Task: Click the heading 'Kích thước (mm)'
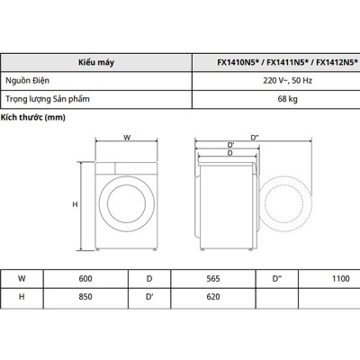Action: click(33, 118)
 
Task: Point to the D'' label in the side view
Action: click(256, 137)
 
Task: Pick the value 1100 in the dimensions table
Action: click(340, 280)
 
